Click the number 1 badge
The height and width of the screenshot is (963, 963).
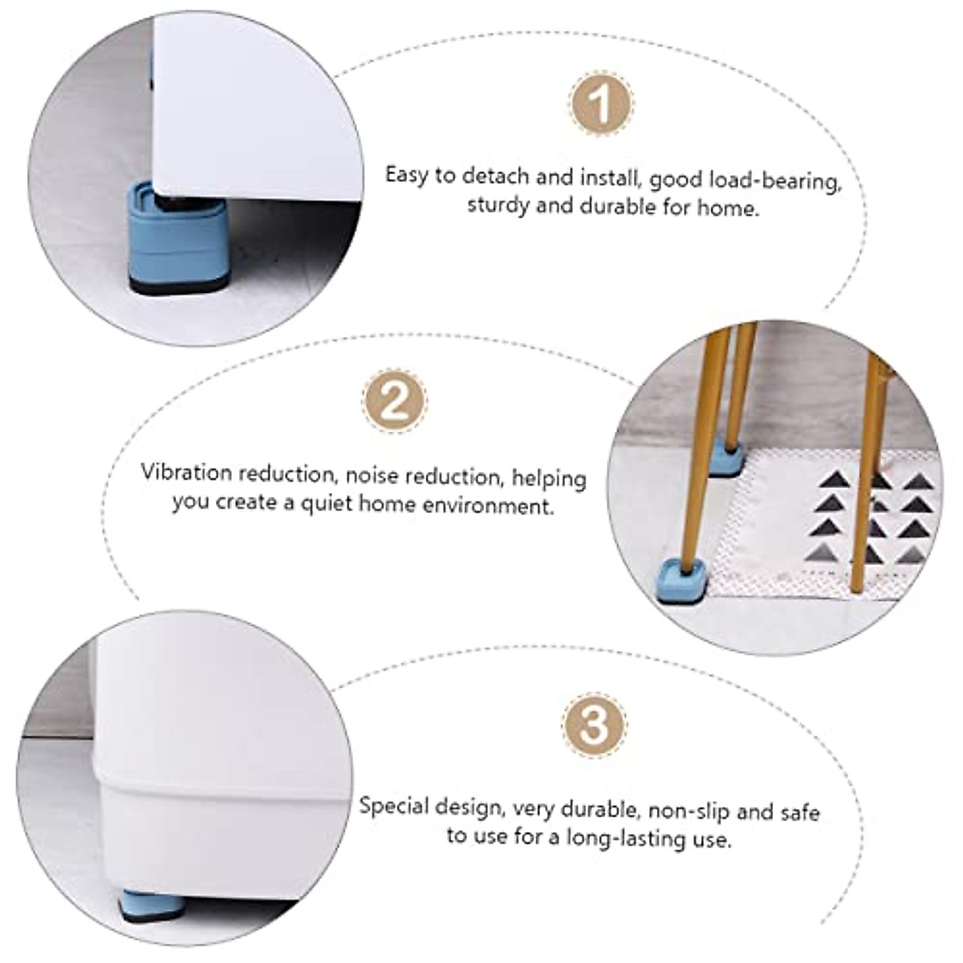pyautogui.click(x=601, y=104)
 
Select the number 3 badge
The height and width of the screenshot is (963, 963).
pyautogui.click(x=595, y=725)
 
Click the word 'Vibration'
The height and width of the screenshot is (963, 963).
pyautogui.click(x=186, y=473)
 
